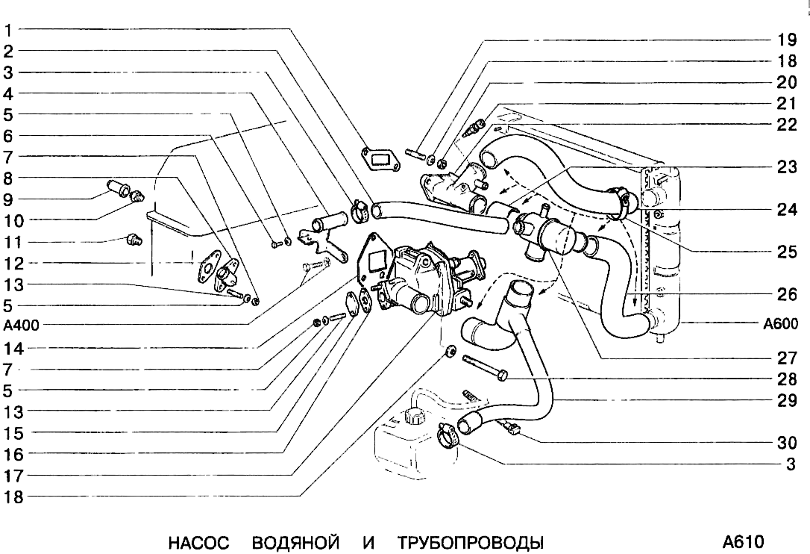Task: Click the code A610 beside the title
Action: tap(743, 541)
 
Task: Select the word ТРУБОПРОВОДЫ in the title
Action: tap(467, 541)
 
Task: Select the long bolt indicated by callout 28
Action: tap(485, 367)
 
